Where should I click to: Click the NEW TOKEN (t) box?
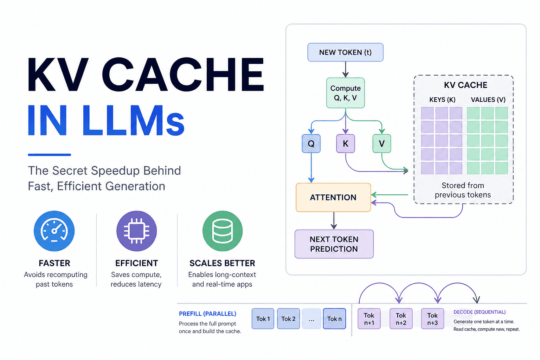point(345,52)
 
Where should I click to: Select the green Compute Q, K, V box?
point(345,93)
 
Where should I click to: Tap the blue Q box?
point(311,143)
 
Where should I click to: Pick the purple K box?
point(346,143)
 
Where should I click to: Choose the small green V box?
point(381,143)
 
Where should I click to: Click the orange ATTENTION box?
point(333,198)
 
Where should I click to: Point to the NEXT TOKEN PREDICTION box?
point(334,244)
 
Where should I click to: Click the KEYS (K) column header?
point(442,99)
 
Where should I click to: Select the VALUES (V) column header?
point(488,99)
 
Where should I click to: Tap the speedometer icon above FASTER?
point(54,231)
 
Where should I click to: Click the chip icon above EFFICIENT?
point(137,231)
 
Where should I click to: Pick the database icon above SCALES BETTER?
point(223,231)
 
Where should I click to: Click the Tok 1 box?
point(263,319)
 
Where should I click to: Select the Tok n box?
point(334,319)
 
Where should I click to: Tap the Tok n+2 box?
point(401,319)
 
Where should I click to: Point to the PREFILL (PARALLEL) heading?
point(207,314)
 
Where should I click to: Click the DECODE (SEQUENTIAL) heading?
point(480,312)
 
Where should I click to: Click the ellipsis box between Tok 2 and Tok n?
point(311,319)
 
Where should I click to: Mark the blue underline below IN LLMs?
point(50,155)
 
